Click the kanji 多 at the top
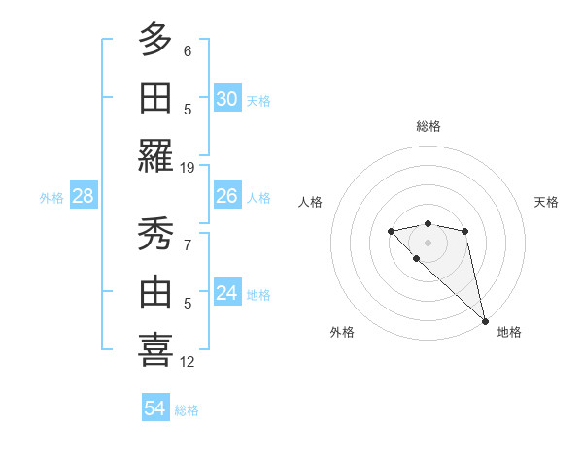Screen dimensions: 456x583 coord(155,39)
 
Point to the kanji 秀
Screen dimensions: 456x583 coord(155,234)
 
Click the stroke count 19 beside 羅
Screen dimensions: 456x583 coord(188,167)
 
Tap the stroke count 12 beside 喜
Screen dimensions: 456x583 coord(188,362)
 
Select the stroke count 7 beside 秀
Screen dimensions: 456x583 coord(188,246)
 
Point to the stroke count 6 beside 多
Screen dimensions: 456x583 coord(188,51)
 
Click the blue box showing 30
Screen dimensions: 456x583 coord(227,99)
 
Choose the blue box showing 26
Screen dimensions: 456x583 coord(227,196)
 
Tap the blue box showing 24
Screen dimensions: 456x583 coord(227,293)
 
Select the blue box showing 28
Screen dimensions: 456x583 coord(84,197)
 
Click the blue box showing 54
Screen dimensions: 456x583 coord(155,408)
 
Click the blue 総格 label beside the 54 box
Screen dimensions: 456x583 coord(187,410)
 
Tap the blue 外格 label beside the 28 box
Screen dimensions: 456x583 coord(51,198)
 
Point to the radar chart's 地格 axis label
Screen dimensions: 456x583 coord(509,332)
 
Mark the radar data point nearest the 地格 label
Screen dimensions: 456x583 coord(485,321)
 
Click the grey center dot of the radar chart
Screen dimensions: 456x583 coord(428,242)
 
